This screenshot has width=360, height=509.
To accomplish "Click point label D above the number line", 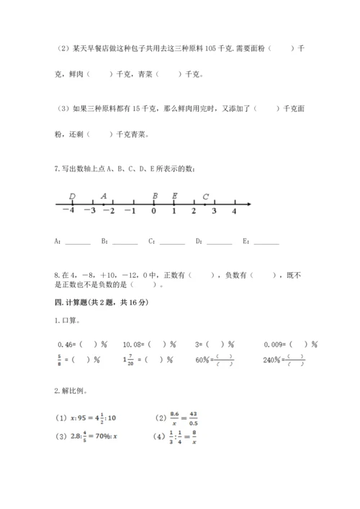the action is pos(72,196).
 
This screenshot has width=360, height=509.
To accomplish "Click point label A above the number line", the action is pos(104,196).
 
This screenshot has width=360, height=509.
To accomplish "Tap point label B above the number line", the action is pos(155,196).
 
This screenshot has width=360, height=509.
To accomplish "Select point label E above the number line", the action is pos(175,196).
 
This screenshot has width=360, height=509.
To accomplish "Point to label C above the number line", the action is pos(206,196).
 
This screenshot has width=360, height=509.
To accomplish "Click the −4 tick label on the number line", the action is pos(68,211).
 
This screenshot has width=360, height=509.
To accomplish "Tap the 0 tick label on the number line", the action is pos(153,211).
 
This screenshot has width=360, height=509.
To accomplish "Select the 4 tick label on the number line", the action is pos(234,211).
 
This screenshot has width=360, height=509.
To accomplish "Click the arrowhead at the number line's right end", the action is pos(248,204).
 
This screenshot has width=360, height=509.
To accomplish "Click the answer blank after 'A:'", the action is pos(78,242).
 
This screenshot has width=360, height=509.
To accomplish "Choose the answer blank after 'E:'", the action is pos(266,242).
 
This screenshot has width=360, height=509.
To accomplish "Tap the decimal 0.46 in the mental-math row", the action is pos(66,343).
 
